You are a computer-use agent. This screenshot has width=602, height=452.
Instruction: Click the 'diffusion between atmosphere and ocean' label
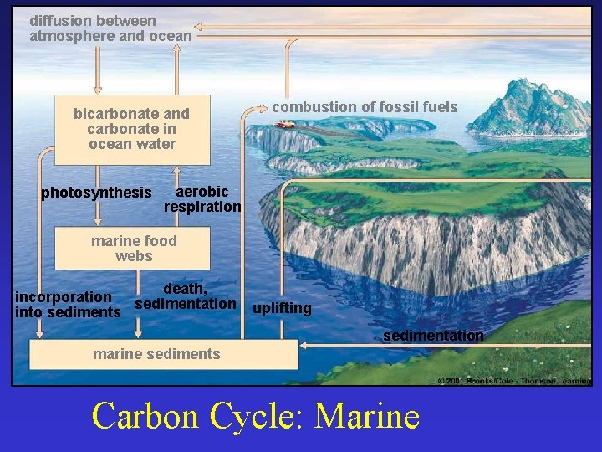[x=110, y=28]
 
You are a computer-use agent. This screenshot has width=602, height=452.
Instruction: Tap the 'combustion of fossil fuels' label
[x=365, y=107]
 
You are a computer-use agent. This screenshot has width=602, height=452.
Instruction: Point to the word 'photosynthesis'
[x=96, y=193]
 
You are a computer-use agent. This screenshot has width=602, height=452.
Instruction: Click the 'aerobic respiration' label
[x=202, y=199]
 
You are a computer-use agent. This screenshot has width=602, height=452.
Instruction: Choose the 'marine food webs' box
[x=133, y=249]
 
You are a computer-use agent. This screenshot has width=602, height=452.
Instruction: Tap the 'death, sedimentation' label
[x=186, y=296]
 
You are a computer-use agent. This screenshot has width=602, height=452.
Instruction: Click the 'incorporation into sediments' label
[x=68, y=305]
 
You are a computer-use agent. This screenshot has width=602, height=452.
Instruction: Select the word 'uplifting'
[x=282, y=309]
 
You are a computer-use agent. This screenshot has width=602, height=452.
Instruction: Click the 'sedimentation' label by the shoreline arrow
[x=433, y=336]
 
